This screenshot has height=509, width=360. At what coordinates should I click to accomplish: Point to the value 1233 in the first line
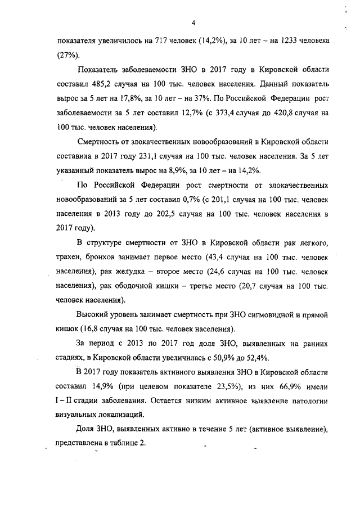281,41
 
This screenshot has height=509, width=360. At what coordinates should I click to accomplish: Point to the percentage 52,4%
256,358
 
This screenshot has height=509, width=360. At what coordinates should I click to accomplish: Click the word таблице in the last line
123,443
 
